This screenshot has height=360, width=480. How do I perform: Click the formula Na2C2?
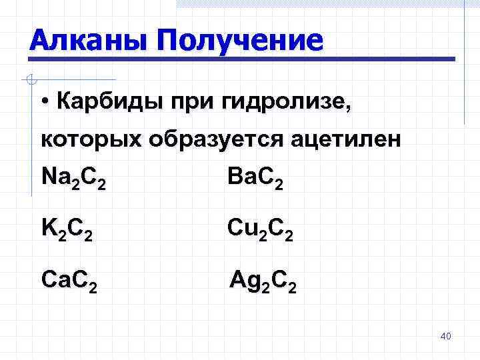point(73,179)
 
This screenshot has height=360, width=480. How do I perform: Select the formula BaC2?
point(255,179)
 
